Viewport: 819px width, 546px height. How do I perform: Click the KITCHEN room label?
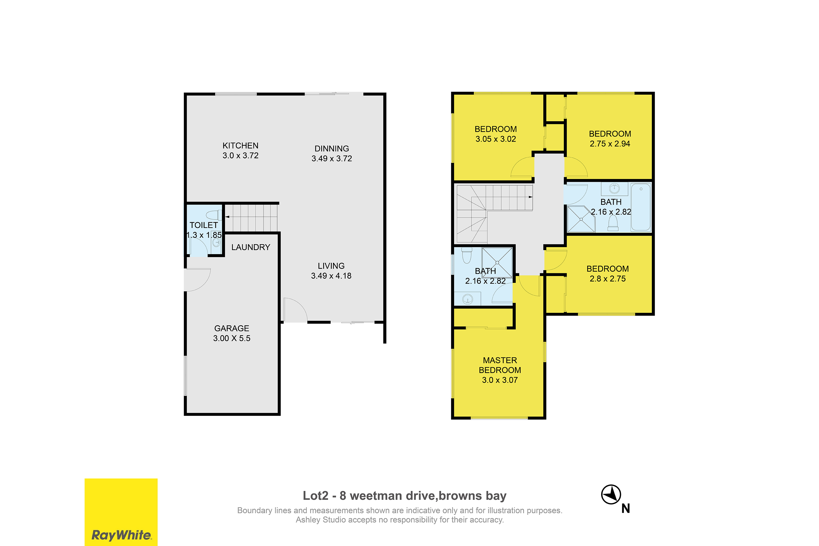click(240, 146)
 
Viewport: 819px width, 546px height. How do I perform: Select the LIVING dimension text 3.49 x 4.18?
click(331, 276)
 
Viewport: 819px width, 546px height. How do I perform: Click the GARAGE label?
click(232, 328)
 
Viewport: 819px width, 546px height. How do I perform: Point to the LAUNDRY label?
click(251, 247)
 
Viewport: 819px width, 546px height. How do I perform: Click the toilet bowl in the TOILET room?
click(214, 215)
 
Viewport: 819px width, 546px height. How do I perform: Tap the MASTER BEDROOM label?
click(500, 365)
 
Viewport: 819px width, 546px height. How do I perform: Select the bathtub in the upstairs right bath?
click(641, 207)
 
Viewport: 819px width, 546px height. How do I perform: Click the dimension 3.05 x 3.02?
click(496, 139)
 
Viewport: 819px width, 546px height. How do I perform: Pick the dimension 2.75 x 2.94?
click(610, 144)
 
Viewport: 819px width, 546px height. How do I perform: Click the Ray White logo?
click(121, 512)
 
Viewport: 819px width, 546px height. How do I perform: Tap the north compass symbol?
click(611, 494)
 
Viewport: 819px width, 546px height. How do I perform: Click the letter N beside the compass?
click(626, 509)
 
